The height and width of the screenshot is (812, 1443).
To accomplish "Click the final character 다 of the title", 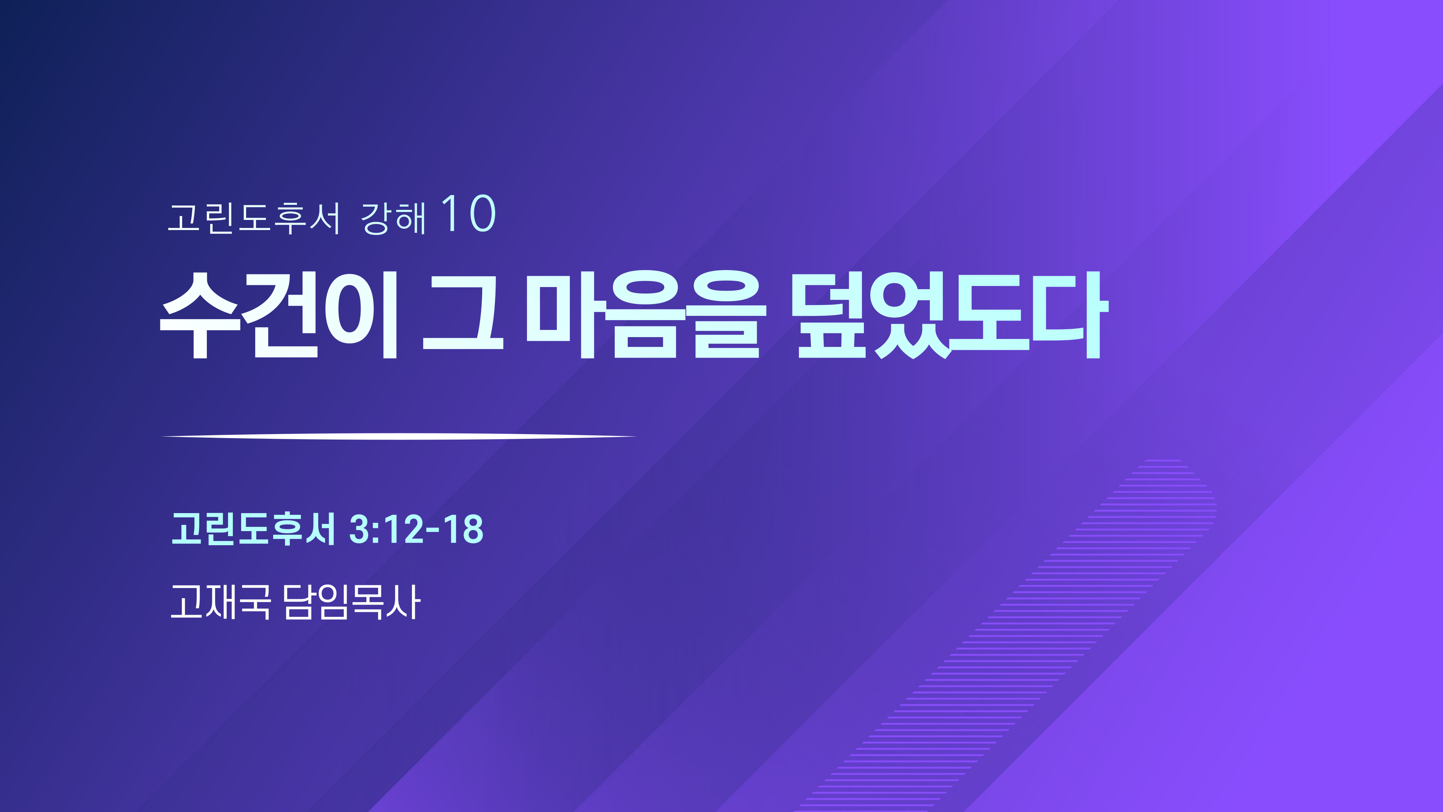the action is click(x=1068, y=314).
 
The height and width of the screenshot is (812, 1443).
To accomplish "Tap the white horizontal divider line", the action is click(x=399, y=436).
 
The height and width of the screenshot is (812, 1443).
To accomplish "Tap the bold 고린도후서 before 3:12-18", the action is click(x=253, y=529).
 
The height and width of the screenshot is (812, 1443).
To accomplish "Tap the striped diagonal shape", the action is click(x=1008, y=633).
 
